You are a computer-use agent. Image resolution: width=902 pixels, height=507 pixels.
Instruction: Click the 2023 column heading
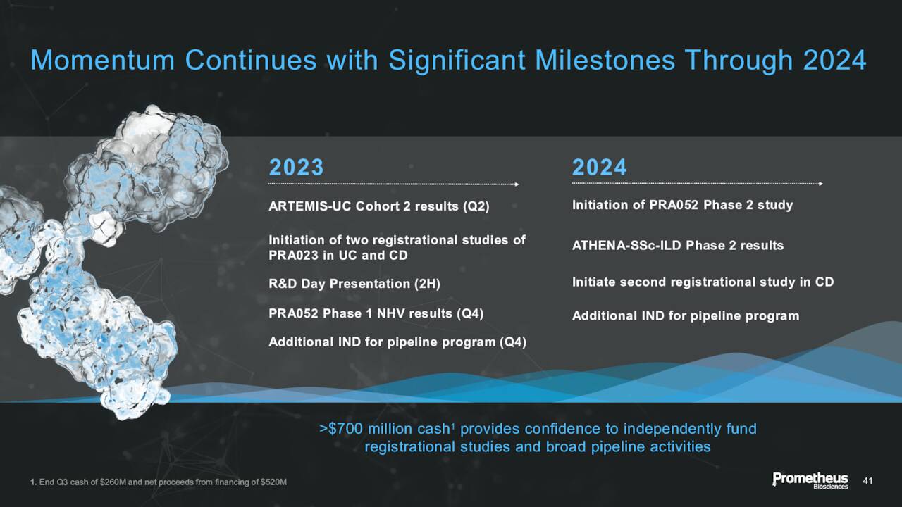click(x=296, y=168)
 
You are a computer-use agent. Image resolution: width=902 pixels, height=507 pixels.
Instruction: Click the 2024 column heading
click(x=599, y=168)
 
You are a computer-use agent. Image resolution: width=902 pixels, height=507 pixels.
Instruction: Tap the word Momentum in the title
click(x=103, y=61)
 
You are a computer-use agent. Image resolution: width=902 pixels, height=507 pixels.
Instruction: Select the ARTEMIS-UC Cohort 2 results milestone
click(x=379, y=206)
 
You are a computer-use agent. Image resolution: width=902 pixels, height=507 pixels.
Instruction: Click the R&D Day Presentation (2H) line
click(x=354, y=284)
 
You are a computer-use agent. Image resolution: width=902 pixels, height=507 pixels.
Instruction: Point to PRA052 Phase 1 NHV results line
click(x=376, y=314)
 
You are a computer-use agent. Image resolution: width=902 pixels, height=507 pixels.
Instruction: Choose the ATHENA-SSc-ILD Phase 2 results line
click(x=678, y=246)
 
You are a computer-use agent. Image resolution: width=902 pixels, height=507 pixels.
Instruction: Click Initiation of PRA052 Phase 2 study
click(x=683, y=205)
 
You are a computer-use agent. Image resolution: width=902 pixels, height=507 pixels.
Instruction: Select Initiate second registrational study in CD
click(x=703, y=282)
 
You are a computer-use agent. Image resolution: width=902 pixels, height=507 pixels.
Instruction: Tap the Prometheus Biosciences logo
click(x=810, y=480)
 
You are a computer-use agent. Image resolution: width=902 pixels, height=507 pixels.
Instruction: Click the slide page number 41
click(x=867, y=481)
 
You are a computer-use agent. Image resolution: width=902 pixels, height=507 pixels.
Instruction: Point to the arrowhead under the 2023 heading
click(x=517, y=184)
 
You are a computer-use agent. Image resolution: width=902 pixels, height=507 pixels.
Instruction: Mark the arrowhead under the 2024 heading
click(x=821, y=184)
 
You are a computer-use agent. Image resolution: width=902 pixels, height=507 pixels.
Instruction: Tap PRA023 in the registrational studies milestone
click(x=293, y=256)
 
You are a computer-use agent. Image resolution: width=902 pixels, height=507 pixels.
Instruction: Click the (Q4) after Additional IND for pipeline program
click(x=513, y=342)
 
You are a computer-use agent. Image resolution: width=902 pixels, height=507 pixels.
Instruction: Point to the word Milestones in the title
click(x=605, y=61)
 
